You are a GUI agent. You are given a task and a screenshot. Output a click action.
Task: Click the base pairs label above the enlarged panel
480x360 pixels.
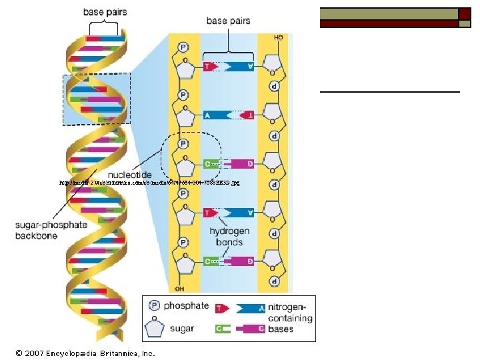coord(228,21)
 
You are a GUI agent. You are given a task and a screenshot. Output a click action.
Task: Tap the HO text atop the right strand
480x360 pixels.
coord(279,38)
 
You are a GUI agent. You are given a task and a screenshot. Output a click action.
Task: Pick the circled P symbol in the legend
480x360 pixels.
coord(155,307)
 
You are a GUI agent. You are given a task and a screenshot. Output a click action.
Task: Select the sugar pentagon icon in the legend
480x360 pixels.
coord(155,328)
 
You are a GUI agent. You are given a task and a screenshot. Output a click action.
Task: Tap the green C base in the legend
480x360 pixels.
coord(221,329)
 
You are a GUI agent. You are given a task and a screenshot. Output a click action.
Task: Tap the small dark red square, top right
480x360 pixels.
coord(465,13)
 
